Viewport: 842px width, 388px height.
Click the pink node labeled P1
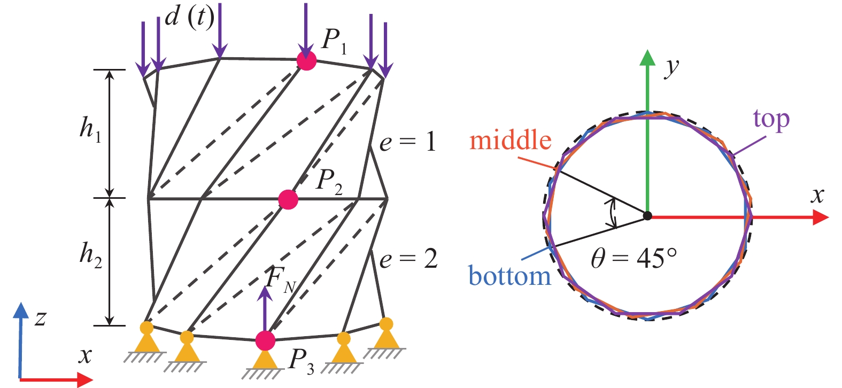[x=306, y=61]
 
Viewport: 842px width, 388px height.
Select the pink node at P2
[x=288, y=199]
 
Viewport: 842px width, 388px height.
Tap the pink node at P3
[x=265, y=340]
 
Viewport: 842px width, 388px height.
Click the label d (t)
[x=189, y=17]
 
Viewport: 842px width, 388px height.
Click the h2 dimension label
[x=90, y=253]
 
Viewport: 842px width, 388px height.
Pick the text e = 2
[x=408, y=259]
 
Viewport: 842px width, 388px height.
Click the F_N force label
[x=281, y=278]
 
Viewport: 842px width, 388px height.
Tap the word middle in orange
[x=510, y=140]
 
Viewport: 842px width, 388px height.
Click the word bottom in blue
[x=509, y=276]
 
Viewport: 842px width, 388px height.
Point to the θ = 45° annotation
[x=634, y=259]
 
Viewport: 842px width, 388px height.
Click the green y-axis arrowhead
[x=647, y=58]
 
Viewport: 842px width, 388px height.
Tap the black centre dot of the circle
[x=647, y=216]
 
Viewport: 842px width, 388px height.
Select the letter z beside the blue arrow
[x=40, y=318]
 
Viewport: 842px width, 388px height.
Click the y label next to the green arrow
[x=672, y=67]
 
